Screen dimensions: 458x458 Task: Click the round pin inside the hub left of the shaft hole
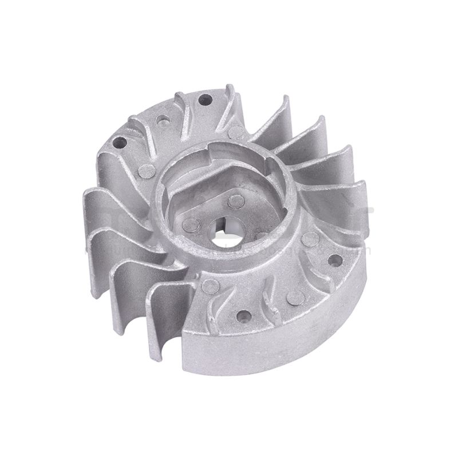pos(194,225)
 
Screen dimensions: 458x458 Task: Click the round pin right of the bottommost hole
pos(295,297)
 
